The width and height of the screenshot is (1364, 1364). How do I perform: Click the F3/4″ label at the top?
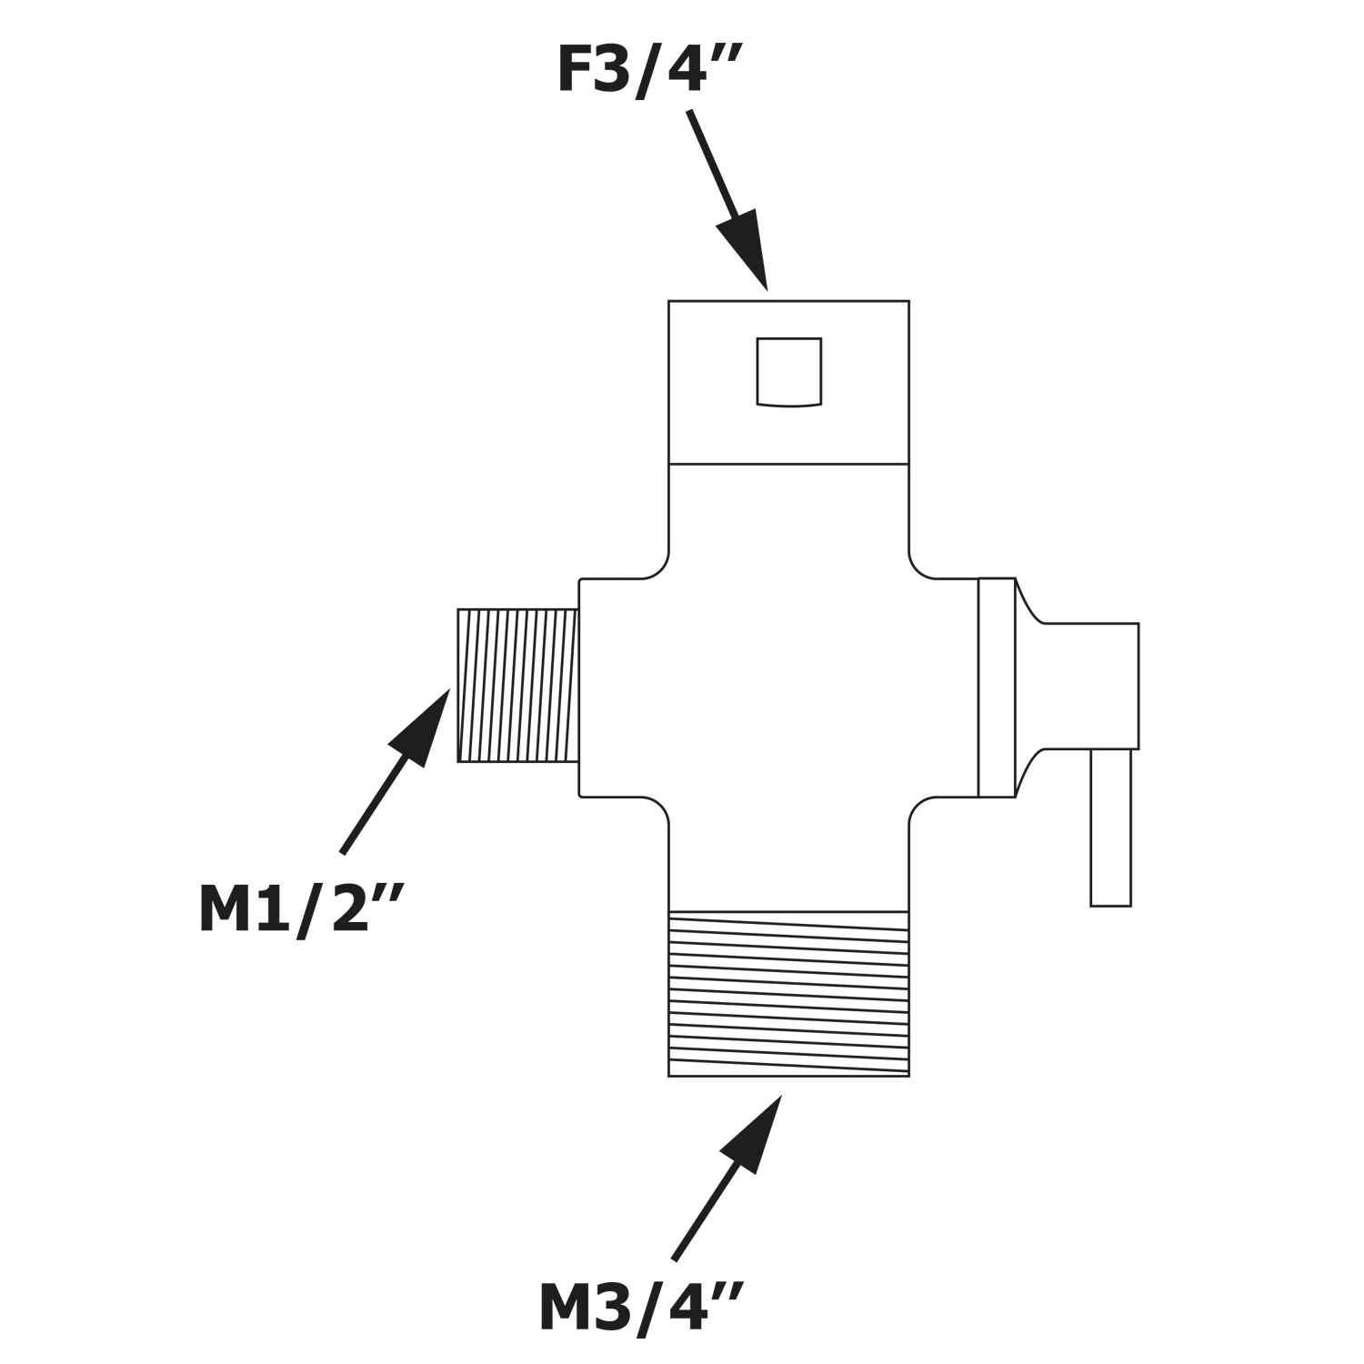pyautogui.click(x=648, y=71)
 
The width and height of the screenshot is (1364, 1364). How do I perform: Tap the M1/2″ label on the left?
pyautogui.click(x=299, y=909)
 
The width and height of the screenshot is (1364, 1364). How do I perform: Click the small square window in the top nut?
pyautogui.click(x=789, y=371)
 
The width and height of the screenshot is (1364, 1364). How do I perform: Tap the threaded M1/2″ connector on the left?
pyautogui.click(x=517, y=686)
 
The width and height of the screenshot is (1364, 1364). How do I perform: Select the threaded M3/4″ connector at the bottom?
pyautogui.click(x=788, y=994)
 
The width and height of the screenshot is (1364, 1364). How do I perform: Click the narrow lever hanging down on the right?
pyautogui.click(x=1110, y=827)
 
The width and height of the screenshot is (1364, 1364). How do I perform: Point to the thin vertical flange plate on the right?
pyautogui.click(x=997, y=687)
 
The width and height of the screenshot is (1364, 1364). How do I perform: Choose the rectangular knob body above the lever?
pyautogui.click(x=1090, y=687)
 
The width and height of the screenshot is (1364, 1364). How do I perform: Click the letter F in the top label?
pyautogui.click(x=575, y=70)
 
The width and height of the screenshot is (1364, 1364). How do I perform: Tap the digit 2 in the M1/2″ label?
pyautogui.click(x=351, y=909)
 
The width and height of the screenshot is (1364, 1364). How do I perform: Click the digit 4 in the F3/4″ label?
pyautogui.click(x=686, y=70)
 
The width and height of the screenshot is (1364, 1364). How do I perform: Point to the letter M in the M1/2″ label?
pyautogui.click(x=225, y=909)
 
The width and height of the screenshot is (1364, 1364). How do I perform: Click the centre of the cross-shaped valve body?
pyautogui.click(x=788, y=687)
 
